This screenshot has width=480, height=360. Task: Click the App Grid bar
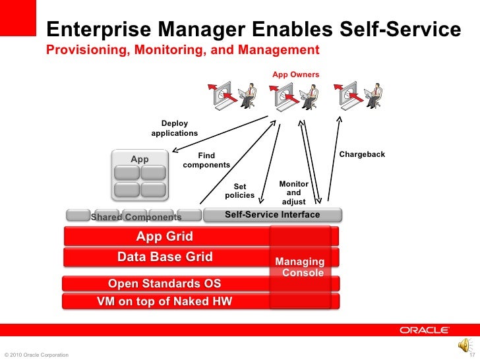pos(165,236)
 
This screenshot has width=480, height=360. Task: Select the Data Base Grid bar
pos(165,256)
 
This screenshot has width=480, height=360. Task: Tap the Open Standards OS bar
pos(165,284)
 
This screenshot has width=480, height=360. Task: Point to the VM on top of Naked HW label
pos(165,302)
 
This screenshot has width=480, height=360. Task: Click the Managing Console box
pos(303,267)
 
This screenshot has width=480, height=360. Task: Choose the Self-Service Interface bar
pos(272,214)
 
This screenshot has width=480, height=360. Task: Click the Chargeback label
pos(362,154)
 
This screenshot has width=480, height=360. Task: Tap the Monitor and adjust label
pos(293,193)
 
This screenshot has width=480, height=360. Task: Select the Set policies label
pos(239,191)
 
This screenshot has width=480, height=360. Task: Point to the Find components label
pos(206,160)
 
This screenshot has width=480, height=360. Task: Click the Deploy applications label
pos(175,129)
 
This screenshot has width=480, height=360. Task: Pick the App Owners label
pos(295,75)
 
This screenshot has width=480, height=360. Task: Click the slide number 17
pos(471,355)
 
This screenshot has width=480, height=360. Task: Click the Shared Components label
pos(136,217)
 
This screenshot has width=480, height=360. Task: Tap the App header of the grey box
pos(140,159)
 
